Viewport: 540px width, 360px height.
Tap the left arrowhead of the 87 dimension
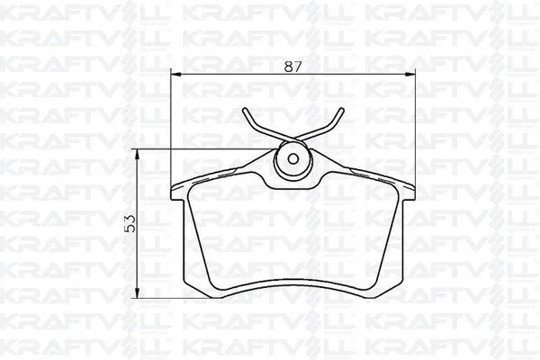click(174, 74)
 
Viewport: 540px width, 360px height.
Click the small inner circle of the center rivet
click(292, 160)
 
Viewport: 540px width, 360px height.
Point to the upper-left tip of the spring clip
click(245, 112)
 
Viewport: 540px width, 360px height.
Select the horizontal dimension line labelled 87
click(234, 74)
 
